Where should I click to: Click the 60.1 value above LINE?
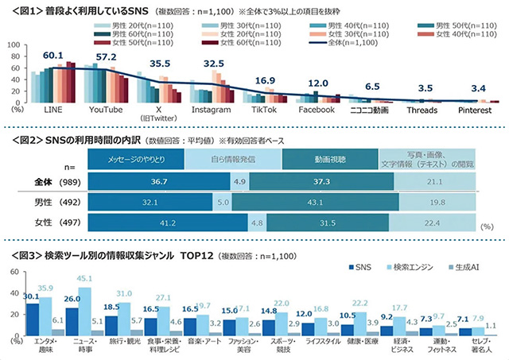(52, 56)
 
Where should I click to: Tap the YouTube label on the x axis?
(105, 108)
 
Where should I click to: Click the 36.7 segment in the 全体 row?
(135, 181)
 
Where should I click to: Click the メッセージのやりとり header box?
(135, 159)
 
